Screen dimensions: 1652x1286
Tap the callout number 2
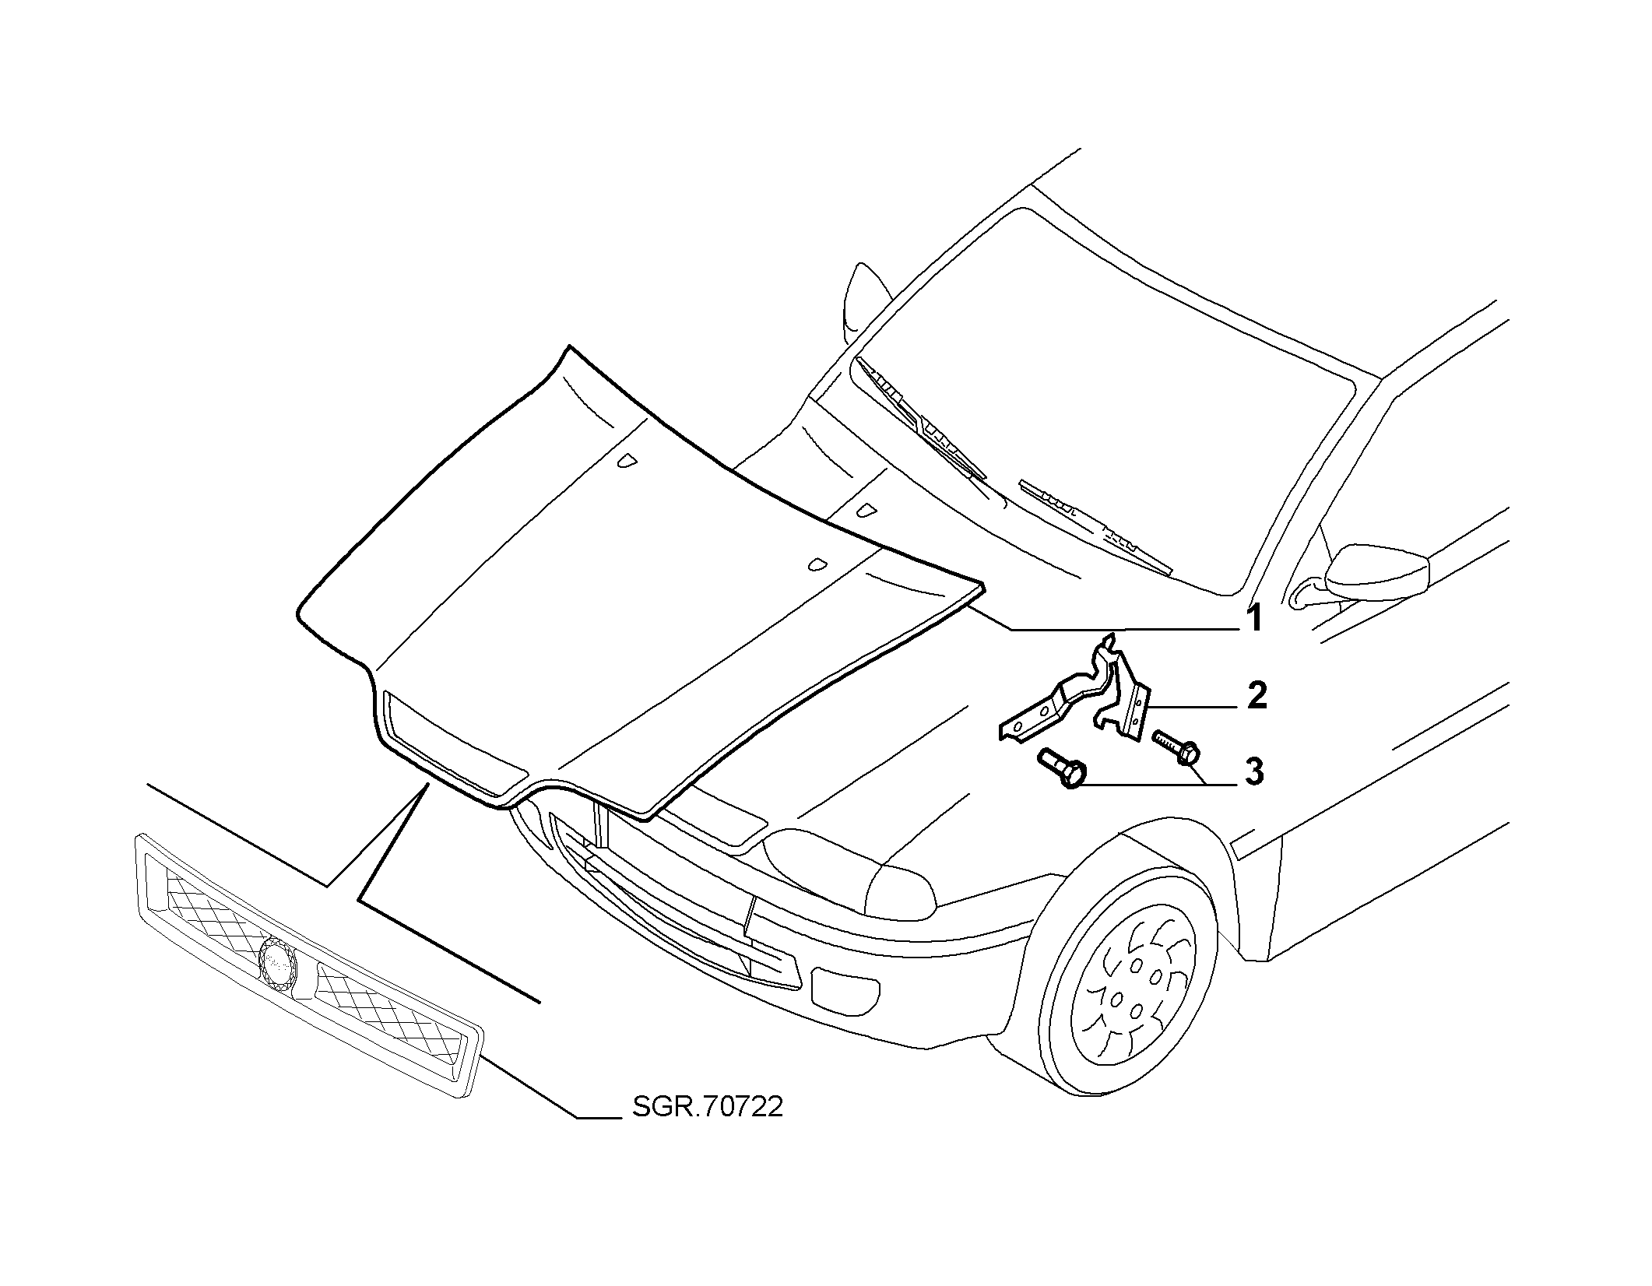pyautogui.click(x=1255, y=695)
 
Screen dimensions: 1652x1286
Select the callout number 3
pyautogui.click(x=1253, y=771)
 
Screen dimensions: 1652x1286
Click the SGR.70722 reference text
pyautogui.click(x=707, y=1106)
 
